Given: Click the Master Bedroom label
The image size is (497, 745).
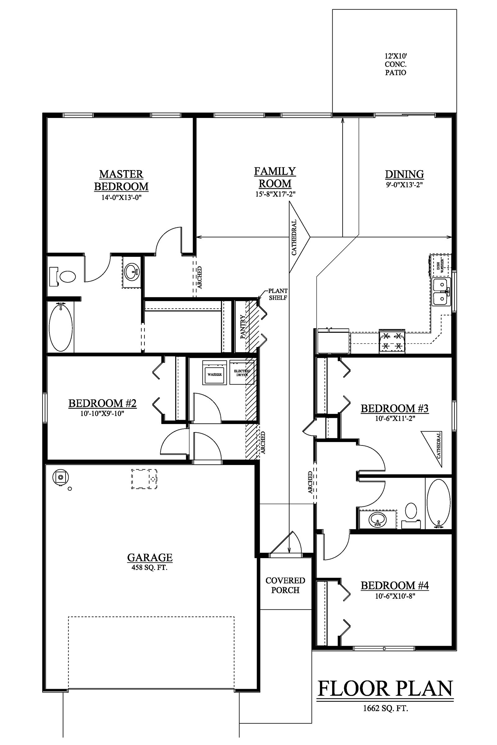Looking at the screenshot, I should [121, 180].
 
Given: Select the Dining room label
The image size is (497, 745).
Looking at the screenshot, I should [404, 174].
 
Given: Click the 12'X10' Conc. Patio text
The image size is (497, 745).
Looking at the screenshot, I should [395, 64].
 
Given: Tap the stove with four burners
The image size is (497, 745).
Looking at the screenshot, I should [392, 341].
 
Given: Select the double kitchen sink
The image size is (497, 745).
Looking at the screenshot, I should [441, 292].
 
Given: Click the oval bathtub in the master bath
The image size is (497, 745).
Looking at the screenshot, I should [61, 327].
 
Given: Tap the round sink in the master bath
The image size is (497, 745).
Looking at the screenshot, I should [132, 271].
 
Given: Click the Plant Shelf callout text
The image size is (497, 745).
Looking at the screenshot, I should [278, 294].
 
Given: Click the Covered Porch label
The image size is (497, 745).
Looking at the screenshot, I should [285, 585].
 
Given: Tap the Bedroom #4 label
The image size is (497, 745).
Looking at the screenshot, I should [394, 585].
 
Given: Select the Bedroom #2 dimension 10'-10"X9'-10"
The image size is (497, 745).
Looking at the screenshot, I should [102, 413].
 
